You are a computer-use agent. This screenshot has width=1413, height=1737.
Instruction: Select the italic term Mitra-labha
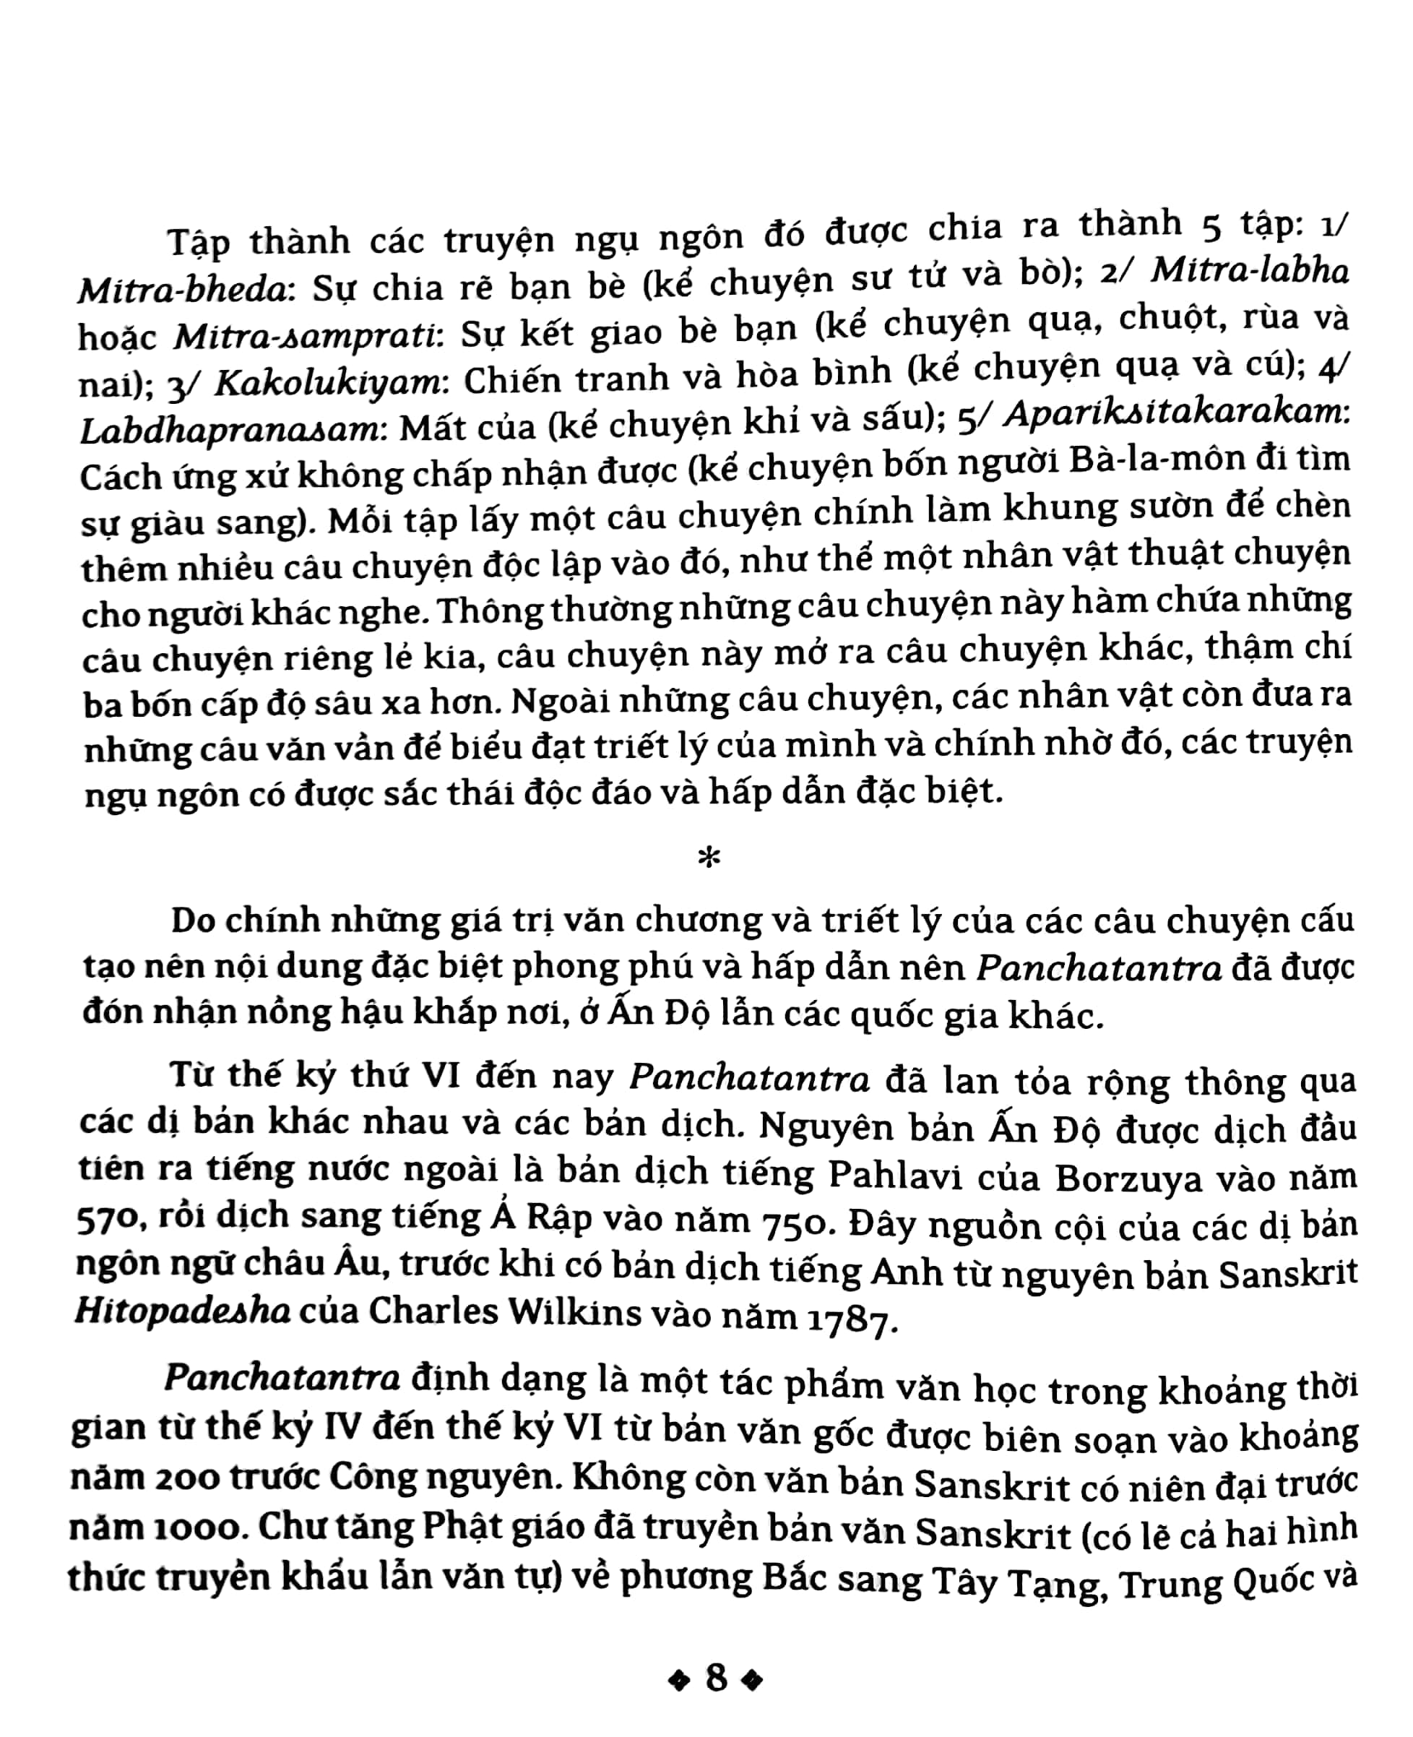(x=1250, y=271)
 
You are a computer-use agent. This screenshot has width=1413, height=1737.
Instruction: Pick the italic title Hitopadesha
(x=183, y=1311)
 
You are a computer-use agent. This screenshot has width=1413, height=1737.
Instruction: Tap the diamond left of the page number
(x=678, y=1680)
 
